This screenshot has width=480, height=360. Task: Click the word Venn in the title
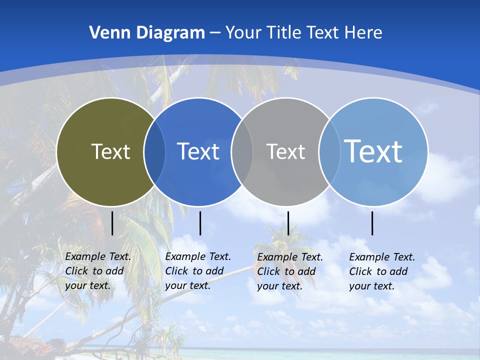click(x=107, y=33)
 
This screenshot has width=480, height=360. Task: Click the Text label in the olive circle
click(x=110, y=151)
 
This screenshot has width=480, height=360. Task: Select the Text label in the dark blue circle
click(x=198, y=151)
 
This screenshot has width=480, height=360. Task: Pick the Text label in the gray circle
click(x=285, y=151)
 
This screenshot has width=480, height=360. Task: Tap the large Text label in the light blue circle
click(x=373, y=151)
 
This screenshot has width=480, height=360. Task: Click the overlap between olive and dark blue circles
click(x=154, y=152)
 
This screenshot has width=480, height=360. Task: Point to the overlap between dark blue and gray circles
click(x=242, y=152)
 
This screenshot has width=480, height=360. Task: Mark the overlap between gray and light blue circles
click(x=329, y=152)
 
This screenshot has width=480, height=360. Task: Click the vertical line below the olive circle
click(x=112, y=223)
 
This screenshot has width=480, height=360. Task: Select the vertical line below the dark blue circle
click(x=200, y=223)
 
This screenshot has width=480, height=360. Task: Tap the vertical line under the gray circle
click(x=288, y=223)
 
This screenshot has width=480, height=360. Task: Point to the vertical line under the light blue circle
click(x=372, y=223)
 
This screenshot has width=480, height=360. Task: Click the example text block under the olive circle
click(x=98, y=271)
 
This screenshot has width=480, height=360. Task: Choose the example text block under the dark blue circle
click(x=198, y=271)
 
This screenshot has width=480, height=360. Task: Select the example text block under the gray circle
click(x=290, y=271)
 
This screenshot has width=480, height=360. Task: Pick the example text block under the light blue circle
click(x=382, y=271)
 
